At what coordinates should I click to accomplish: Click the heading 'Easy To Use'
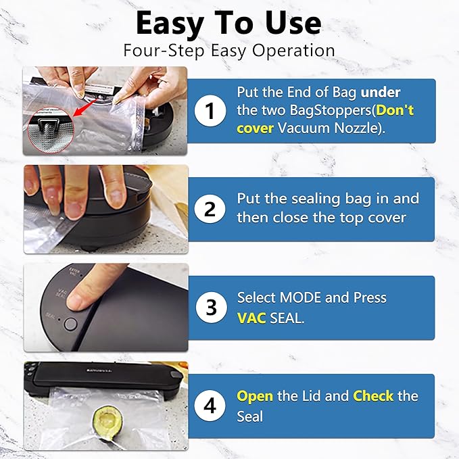pos(228,24)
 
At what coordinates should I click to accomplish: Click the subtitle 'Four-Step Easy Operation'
pos(228,51)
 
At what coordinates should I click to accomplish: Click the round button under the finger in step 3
pos(70,323)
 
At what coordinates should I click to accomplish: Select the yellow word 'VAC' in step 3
pos(251,317)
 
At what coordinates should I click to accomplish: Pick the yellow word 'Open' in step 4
pos(255,395)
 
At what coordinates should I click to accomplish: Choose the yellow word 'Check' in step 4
pos(373,395)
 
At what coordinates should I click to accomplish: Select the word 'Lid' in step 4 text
pos(312,395)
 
